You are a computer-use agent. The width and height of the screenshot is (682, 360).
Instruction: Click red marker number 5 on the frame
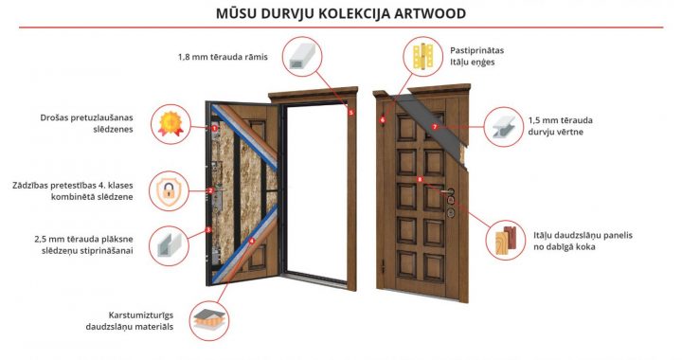350,113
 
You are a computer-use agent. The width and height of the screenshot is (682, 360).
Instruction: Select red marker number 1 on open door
215,128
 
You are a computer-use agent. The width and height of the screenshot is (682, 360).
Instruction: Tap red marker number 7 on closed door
434,126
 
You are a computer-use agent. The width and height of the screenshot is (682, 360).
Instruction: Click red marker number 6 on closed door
382,120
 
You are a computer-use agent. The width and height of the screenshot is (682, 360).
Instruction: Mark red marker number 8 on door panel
420,179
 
